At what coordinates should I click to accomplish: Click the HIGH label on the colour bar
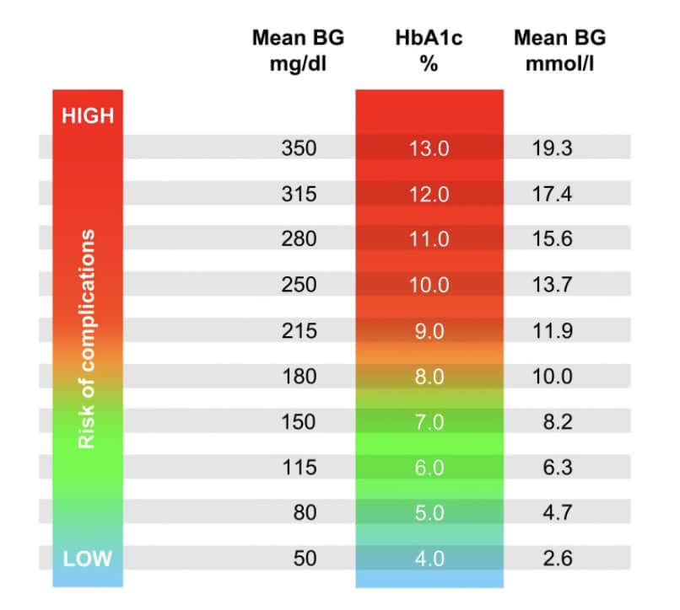[87, 115]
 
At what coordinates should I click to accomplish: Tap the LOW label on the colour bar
[87, 557]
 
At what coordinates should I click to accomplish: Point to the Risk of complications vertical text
[87, 338]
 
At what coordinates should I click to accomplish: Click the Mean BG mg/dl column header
[299, 50]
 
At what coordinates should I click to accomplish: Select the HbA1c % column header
[429, 50]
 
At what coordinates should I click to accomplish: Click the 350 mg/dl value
[299, 148]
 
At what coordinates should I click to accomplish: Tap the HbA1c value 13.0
[429, 148]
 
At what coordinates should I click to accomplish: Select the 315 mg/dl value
[299, 194]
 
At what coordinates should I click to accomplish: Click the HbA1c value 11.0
[429, 239]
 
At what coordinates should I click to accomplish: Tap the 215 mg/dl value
[299, 330]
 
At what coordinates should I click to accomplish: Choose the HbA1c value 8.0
[429, 376]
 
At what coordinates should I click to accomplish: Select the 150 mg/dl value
[299, 421]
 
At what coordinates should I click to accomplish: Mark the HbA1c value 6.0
[429, 467]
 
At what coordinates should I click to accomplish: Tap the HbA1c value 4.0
[429, 558]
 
